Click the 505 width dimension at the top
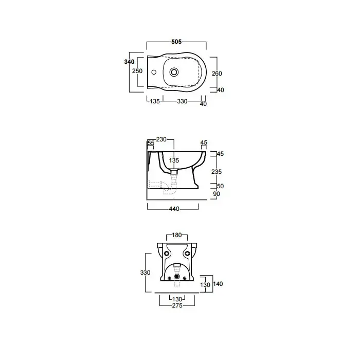176,42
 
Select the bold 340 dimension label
129,62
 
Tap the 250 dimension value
137,71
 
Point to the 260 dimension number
217,74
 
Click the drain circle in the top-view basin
174,72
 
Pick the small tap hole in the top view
154,72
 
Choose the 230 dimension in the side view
161,139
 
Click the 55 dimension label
151,143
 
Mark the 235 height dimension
217,171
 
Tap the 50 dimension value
220,186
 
